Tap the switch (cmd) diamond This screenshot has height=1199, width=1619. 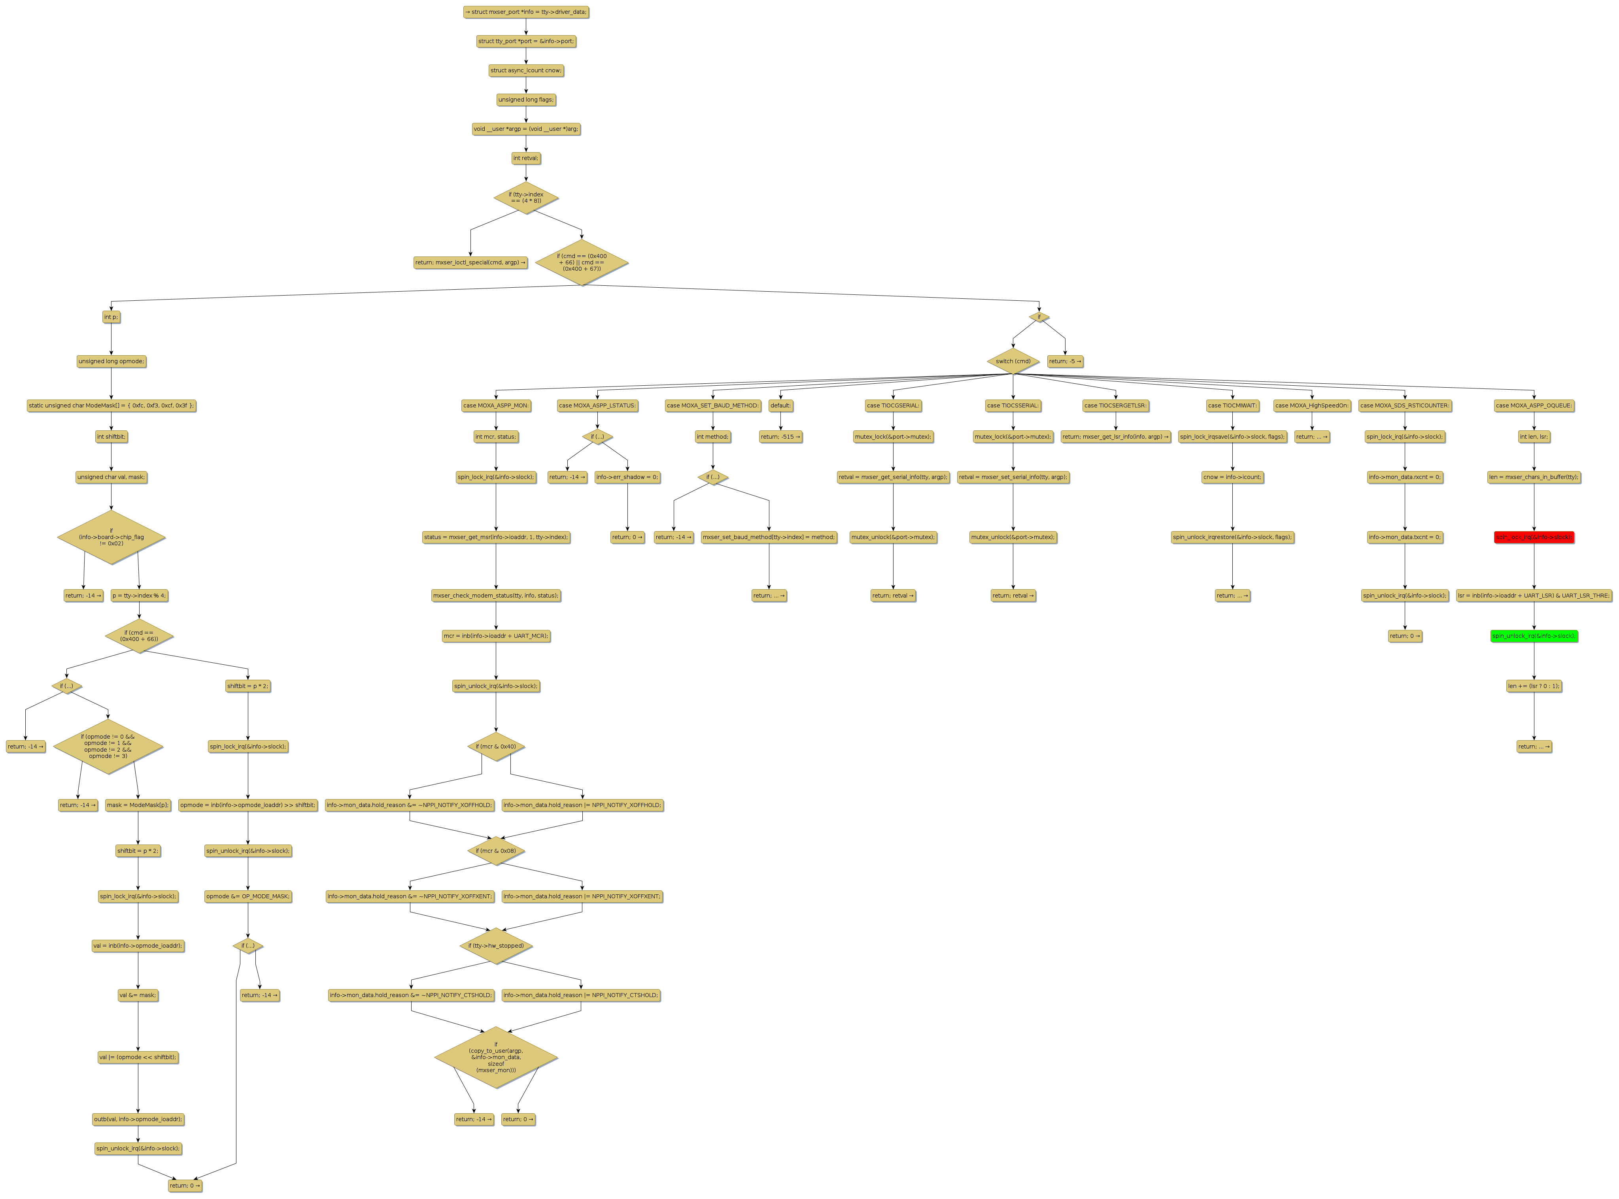(1013, 361)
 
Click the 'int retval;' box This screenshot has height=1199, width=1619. (525, 158)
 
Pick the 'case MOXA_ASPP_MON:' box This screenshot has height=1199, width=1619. (496, 406)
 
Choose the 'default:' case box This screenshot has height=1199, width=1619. (780, 406)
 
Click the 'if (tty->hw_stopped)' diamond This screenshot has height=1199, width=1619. (496, 946)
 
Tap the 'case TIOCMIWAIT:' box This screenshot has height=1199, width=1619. (1232, 406)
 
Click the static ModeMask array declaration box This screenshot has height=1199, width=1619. (111, 405)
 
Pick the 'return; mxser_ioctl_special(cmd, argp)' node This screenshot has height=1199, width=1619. (470, 262)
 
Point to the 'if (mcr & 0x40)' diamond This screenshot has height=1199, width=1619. (496, 746)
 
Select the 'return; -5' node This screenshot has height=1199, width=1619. (1065, 361)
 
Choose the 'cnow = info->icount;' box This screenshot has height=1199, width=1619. (1232, 477)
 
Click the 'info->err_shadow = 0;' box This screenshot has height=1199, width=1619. (627, 477)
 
